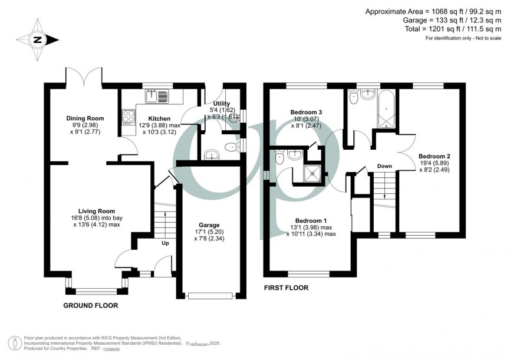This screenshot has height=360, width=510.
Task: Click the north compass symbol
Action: (x=38, y=40)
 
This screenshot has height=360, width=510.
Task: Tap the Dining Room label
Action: (x=80, y=118)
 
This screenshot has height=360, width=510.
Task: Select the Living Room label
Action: (x=97, y=210)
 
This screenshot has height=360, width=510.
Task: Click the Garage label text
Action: (x=209, y=225)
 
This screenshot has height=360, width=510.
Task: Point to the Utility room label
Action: (x=218, y=103)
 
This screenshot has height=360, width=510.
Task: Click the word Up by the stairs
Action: (x=166, y=242)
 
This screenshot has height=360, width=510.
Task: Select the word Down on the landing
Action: (x=384, y=167)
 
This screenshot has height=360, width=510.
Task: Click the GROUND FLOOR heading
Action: (x=91, y=306)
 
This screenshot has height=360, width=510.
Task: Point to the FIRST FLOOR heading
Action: (x=286, y=288)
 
